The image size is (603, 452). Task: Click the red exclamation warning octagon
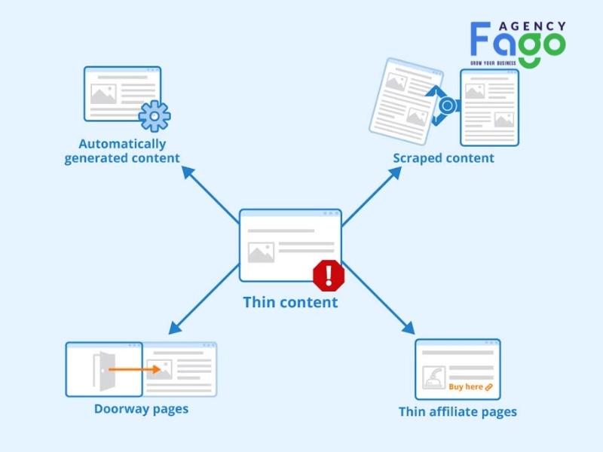pos(329,275)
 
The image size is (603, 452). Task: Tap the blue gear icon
pos(155,116)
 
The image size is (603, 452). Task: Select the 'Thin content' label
pos(290,302)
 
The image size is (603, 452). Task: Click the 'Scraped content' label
pos(443,158)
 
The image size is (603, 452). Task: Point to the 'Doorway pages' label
pos(141,409)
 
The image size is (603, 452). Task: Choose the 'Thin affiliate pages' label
pos(458,412)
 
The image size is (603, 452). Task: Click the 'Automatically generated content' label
pos(122,151)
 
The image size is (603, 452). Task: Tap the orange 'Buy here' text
pos(466,386)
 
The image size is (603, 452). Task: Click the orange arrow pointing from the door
pos(135,369)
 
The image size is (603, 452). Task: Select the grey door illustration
pos(104,371)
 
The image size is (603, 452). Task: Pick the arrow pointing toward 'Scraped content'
pos(372,196)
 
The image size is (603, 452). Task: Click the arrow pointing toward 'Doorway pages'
pos(204,299)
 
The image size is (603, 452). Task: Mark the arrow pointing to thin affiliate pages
pos(378,298)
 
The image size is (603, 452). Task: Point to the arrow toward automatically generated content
pos(210,194)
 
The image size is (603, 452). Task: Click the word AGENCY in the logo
pos(532,26)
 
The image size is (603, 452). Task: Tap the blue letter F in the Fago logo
pos(480,38)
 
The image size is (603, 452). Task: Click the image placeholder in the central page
pos(261,252)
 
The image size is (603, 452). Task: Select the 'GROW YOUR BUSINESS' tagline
pos(493,63)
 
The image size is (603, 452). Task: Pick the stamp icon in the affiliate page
pos(434,377)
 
